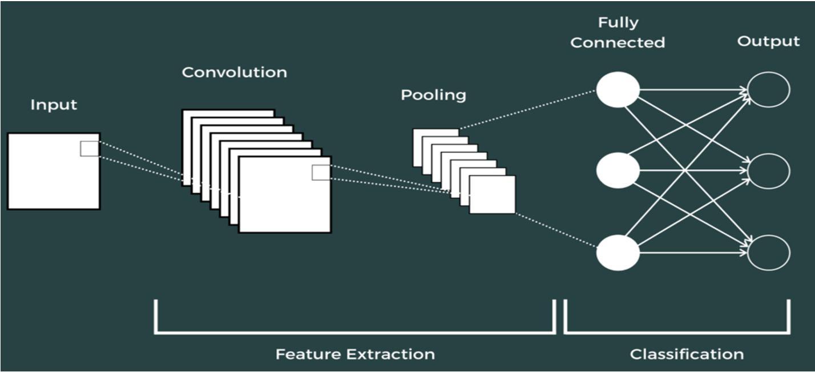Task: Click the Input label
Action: [x=54, y=105]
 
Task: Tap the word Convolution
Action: [x=234, y=73]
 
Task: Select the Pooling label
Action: [x=433, y=95]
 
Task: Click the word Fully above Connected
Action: [x=618, y=23]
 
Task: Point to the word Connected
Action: [x=618, y=43]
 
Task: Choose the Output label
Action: [x=768, y=42]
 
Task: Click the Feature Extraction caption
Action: [x=355, y=354]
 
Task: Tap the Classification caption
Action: [x=687, y=354]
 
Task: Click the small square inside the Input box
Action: [x=89, y=149]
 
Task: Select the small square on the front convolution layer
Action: [x=320, y=173]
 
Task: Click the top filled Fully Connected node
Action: [x=618, y=90]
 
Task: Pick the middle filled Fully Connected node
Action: [x=618, y=171]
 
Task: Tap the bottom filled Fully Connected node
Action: [x=618, y=253]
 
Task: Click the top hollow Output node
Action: [x=768, y=90]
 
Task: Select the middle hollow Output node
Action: [x=768, y=171]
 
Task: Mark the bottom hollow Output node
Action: [x=768, y=253]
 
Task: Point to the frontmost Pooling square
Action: [x=492, y=195]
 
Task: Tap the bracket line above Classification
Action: [x=677, y=331]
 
